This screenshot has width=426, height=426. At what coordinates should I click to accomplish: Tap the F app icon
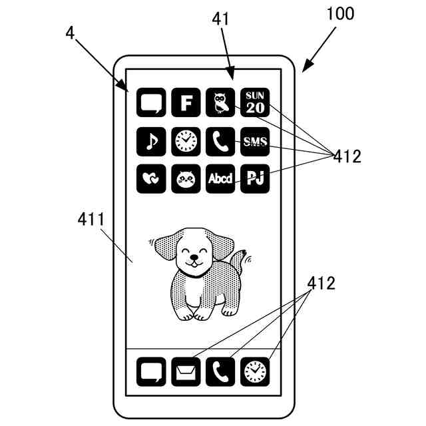pos(186,103)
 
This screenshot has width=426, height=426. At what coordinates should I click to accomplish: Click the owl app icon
pos(220,103)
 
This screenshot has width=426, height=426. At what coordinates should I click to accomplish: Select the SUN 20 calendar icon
pos(255,103)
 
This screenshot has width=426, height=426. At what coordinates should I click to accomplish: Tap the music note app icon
pos(151,141)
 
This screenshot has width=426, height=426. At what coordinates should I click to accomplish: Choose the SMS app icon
pos(255,141)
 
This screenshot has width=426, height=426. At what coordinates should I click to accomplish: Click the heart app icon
pos(151,179)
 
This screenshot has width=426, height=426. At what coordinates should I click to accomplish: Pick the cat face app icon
pos(186,179)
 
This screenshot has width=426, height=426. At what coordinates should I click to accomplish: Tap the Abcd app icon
pos(220,179)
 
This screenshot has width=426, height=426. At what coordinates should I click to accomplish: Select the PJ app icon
pos(255,179)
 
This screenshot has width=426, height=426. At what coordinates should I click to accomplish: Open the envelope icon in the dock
pos(186,372)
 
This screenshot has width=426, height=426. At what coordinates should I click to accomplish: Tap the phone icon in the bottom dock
pos(220,372)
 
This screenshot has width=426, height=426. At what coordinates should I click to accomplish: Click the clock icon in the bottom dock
pos(255,372)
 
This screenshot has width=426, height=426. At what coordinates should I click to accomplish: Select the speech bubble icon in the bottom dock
pos(151,372)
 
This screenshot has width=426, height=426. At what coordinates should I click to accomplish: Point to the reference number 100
pos(339,13)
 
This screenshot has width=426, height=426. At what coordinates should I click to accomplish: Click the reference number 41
pos(221,19)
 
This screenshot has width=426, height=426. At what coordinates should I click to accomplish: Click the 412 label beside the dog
pos(321,283)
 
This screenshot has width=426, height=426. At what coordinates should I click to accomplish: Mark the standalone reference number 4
pos(70,31)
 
